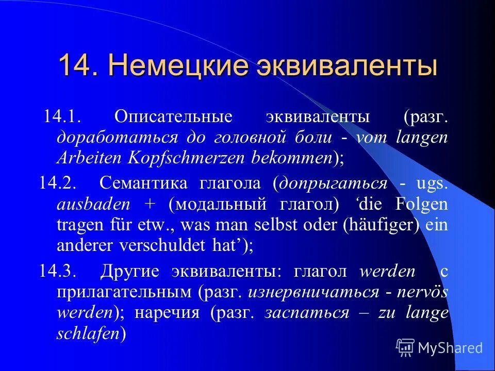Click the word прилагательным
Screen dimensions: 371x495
point(124,292)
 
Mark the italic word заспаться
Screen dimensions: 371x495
point(306,313)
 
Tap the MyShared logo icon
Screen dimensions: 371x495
point(405,347)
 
